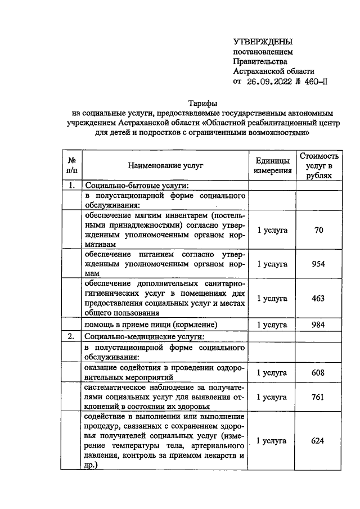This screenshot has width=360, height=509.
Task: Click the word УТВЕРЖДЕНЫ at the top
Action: (x=263, y=42)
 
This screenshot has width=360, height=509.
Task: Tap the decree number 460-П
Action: (x=314, y=81)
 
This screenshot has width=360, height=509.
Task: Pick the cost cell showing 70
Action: (x=318, y=229)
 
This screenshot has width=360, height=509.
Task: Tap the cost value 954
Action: (x=318, y=263)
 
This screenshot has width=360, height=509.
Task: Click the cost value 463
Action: (x=318, y=298)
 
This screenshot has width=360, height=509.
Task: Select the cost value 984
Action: (x=318, y=325)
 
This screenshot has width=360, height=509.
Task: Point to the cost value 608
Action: (x=318, y=372)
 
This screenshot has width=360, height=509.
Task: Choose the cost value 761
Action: (x=318, y=397)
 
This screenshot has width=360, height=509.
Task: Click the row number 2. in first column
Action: (x=71, y=337)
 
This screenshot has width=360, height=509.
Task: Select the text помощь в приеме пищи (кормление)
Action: (x=151, y=325)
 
